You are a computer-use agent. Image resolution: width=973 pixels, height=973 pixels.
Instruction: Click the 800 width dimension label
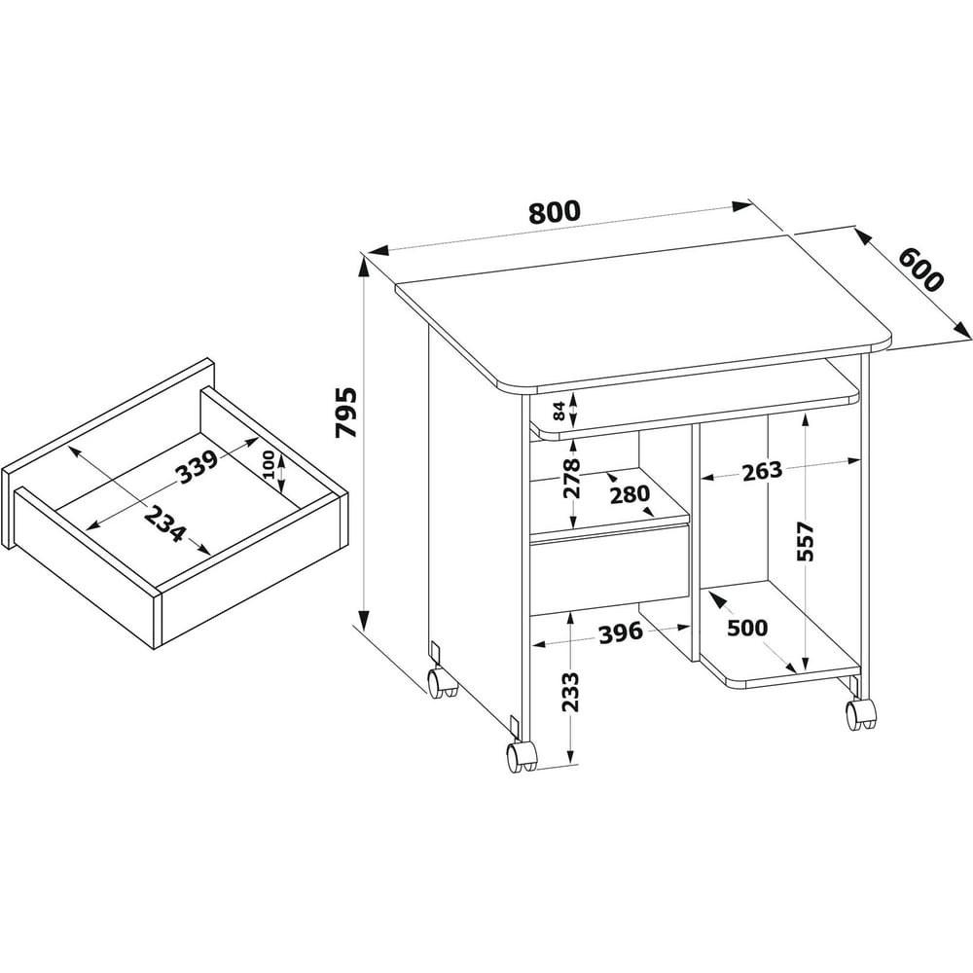coord(555,212)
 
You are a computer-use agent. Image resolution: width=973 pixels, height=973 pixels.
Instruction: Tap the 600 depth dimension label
coord(920,270)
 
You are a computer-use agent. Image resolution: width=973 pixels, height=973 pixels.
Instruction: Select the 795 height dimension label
coord(346,413)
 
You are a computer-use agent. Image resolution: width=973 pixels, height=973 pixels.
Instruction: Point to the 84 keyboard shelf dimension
coord(559,411)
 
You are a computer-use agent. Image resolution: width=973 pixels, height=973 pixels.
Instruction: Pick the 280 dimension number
coord(630,494)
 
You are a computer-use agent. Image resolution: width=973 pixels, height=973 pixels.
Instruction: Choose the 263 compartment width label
coord(762,471)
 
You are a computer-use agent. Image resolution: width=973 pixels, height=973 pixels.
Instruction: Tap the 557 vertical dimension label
coord(805,541)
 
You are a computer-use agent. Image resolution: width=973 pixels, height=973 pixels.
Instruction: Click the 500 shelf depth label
coord(747,628)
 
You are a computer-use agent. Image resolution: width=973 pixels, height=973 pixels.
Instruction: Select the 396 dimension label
coord(621,633)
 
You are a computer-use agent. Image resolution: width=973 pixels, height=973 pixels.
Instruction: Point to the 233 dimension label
coord(569,691)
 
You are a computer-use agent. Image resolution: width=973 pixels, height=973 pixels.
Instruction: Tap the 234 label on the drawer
coord(165,523)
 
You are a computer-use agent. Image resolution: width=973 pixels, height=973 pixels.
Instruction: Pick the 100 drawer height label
coord(269,464)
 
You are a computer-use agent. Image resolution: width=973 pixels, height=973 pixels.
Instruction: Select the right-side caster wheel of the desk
coord(861,713)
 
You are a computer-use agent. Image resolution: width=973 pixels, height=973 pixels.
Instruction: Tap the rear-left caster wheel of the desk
coord(441,682)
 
